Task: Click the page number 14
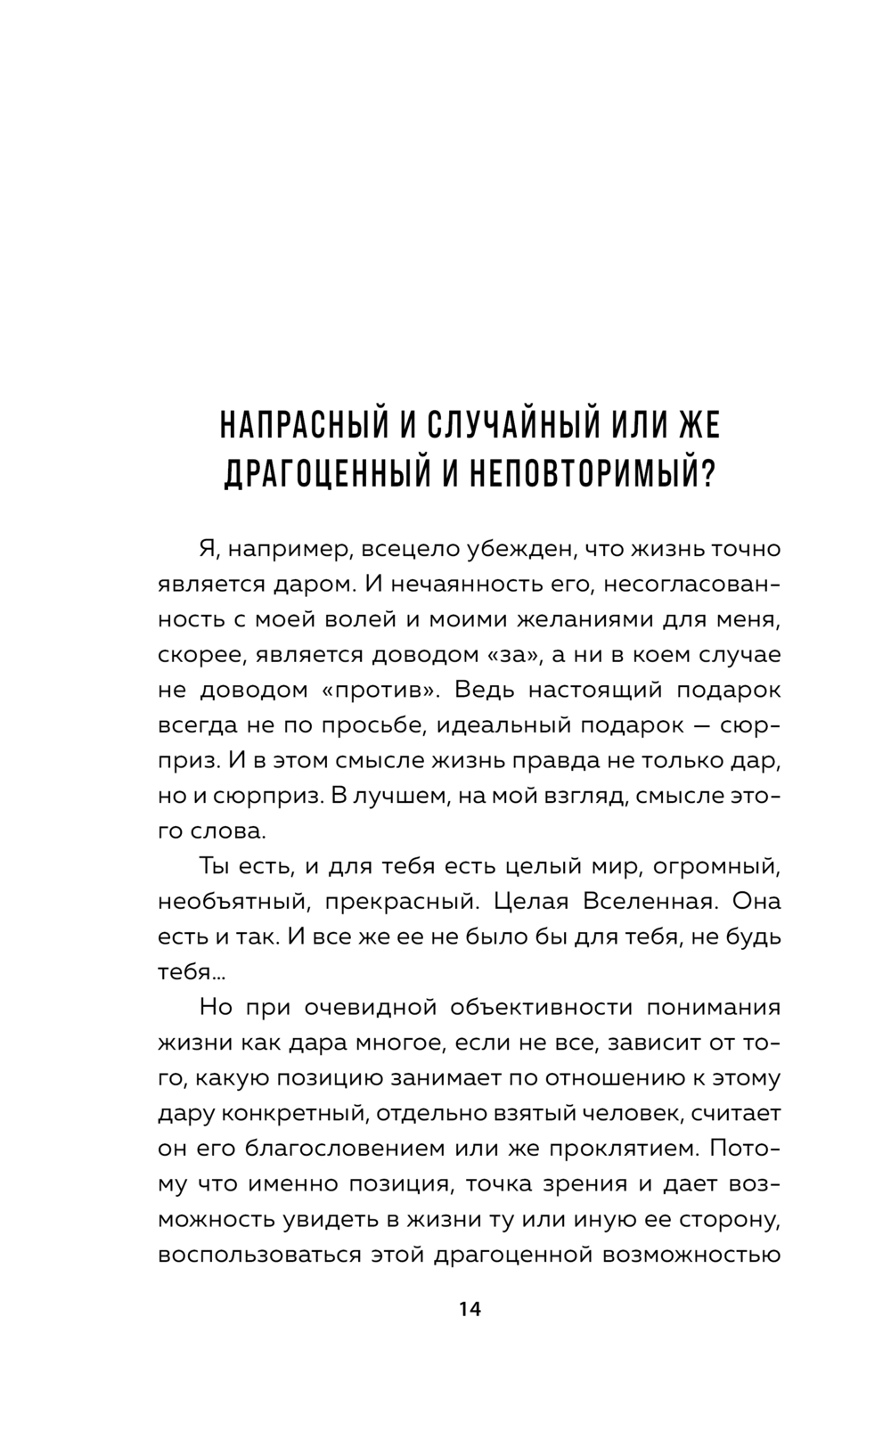[469, 1309]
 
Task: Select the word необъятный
[233, 901]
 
